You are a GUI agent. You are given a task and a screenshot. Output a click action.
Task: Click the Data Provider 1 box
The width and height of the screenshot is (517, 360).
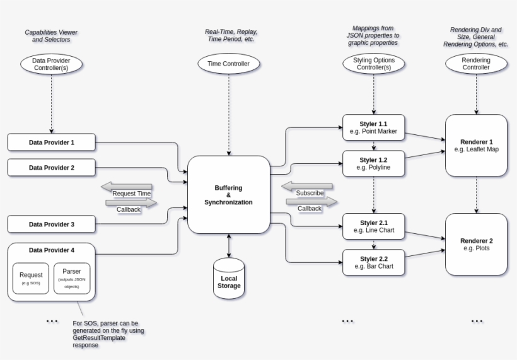51,142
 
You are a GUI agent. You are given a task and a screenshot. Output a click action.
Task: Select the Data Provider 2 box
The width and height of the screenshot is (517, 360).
51,168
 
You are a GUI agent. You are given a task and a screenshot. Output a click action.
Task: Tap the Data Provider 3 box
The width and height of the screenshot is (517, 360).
51,224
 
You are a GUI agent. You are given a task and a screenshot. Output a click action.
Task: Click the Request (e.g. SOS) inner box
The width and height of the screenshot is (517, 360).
31,278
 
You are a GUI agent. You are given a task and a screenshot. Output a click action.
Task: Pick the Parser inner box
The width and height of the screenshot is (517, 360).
72,278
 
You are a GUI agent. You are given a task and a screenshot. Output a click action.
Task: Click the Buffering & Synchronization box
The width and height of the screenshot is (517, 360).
228,194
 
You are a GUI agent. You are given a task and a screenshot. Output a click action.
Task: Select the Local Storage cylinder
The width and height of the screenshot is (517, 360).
229,278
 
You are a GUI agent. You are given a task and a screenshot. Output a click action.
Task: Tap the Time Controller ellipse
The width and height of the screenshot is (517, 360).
228,64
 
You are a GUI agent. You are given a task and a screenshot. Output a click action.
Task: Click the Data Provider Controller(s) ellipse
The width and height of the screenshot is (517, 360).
51,64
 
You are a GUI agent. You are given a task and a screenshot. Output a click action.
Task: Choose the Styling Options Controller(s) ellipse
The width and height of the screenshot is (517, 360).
373,64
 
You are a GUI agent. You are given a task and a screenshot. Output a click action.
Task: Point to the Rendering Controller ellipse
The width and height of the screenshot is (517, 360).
476,64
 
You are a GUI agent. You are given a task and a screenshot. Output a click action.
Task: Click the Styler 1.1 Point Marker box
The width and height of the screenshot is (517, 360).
373,128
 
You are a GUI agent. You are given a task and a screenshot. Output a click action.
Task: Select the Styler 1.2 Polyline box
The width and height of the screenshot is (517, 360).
373,163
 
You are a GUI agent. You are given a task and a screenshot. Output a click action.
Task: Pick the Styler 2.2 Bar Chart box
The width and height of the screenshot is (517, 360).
373,262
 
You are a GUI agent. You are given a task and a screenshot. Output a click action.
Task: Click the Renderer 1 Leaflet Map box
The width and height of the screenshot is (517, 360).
476,145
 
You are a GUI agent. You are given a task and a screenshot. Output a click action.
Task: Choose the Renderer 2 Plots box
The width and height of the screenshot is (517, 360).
476,244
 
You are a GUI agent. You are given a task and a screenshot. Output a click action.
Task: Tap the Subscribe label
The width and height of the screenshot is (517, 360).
310,192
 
